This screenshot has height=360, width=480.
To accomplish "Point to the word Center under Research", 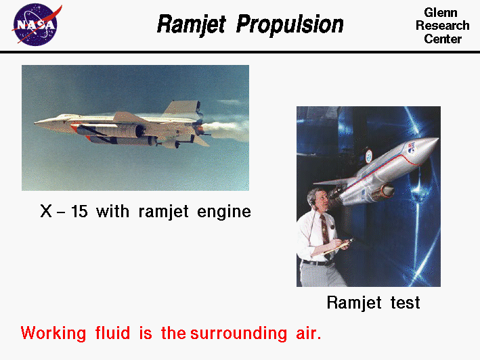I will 443,39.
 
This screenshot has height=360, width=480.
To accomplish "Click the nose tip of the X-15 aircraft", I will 36,123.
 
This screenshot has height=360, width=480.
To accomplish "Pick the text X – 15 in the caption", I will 64,211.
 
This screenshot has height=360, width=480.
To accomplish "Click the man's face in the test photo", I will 318,200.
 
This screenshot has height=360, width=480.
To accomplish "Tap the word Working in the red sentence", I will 53,334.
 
